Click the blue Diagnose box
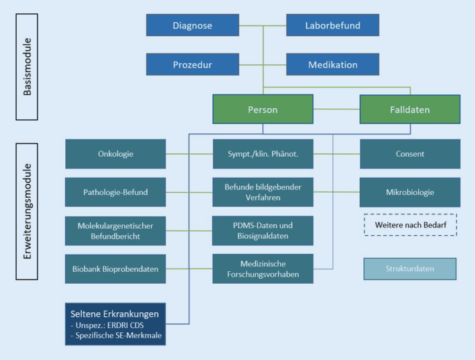click(x=192, y=26)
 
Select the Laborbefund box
click(x=333, y=26)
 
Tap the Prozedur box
click(x=192, y=65)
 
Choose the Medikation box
click(x=333, y=65)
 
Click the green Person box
click(x=263, y=109)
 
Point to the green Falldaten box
click(x=410, y=109)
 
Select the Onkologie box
click(x=116, y=154)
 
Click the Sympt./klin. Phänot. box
click(x=263, y=154)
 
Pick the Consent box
click(x=410, y=154)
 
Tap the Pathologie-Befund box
click(x=116, y=192)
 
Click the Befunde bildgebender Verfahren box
click(x=263, y=192)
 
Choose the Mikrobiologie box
click(x=410, y=192)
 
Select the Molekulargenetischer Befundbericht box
click(x=116, y=230)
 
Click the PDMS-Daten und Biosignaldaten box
click(x=263, y=230)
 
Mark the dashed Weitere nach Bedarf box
click(x=410, y=225)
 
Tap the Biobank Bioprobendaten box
click(x=116, y=268)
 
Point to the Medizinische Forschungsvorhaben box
click(x=263, y=268)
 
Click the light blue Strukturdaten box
click(x=410, y=268)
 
